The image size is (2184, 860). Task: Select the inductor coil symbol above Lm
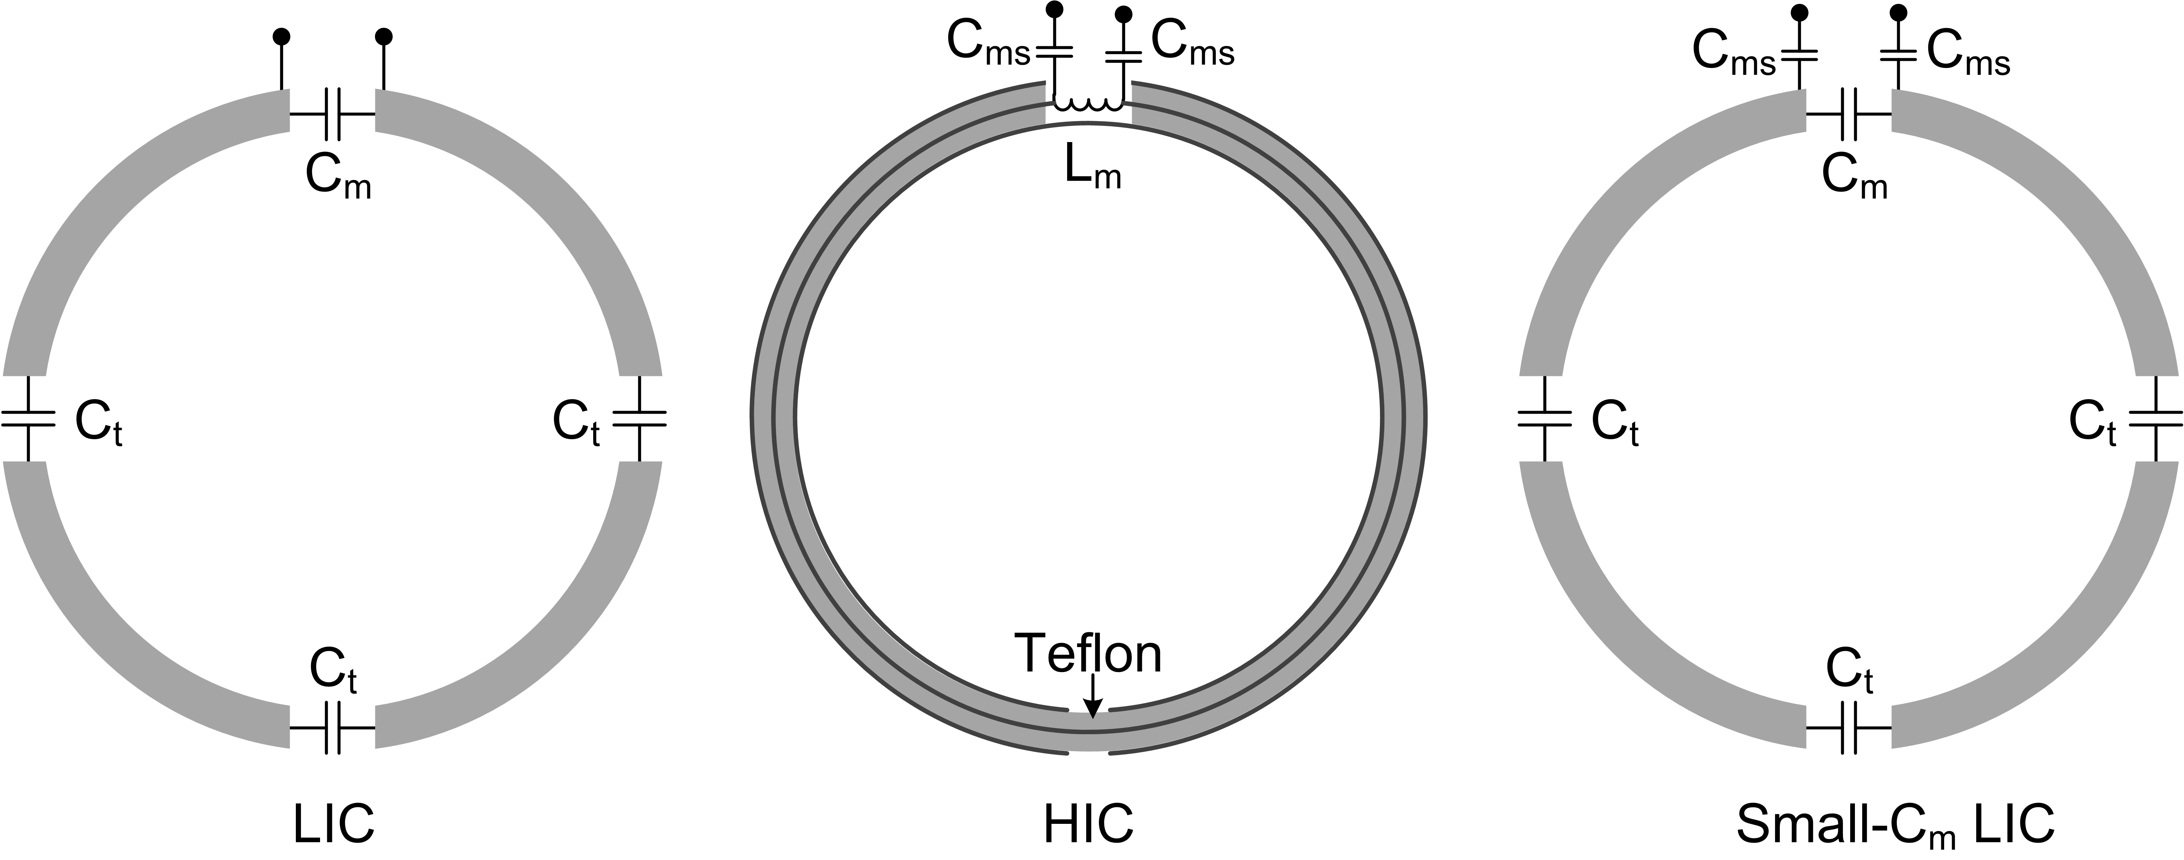[x=1089, y=105]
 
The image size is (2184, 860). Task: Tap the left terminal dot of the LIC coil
[x=281, y=37]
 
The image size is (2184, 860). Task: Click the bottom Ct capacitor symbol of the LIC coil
[x=332, y=728]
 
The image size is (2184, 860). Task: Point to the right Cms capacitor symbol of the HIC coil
[x=1124, y=57]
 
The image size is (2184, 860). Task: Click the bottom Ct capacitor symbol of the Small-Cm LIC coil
[x=1849, y=728]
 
